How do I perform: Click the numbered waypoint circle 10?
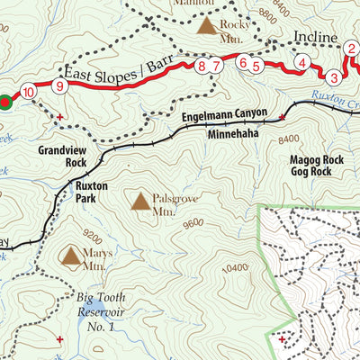(x=30, y=92)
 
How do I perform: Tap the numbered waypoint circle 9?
(x=59, y=86)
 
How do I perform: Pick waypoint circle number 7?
(x=217, y=66)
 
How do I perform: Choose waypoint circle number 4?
(x=302, y=63)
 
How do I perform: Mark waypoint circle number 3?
(x=334, y=76)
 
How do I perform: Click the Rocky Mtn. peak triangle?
(x=207, y=26)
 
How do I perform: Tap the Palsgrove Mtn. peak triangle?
(x=141, y=202)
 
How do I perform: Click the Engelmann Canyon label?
(x=225, y=115)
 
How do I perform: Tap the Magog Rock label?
(x=317, y=158)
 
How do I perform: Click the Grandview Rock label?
(x=63, y=157)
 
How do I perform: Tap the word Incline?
(x=315, y=40)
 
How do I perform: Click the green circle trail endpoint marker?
(x=5, y=102)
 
